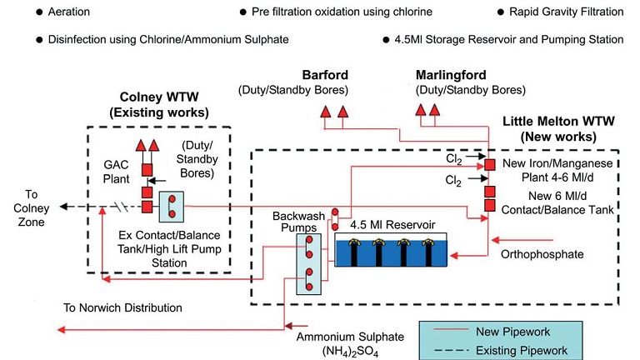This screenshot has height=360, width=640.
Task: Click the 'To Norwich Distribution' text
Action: (x=122, y=307)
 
